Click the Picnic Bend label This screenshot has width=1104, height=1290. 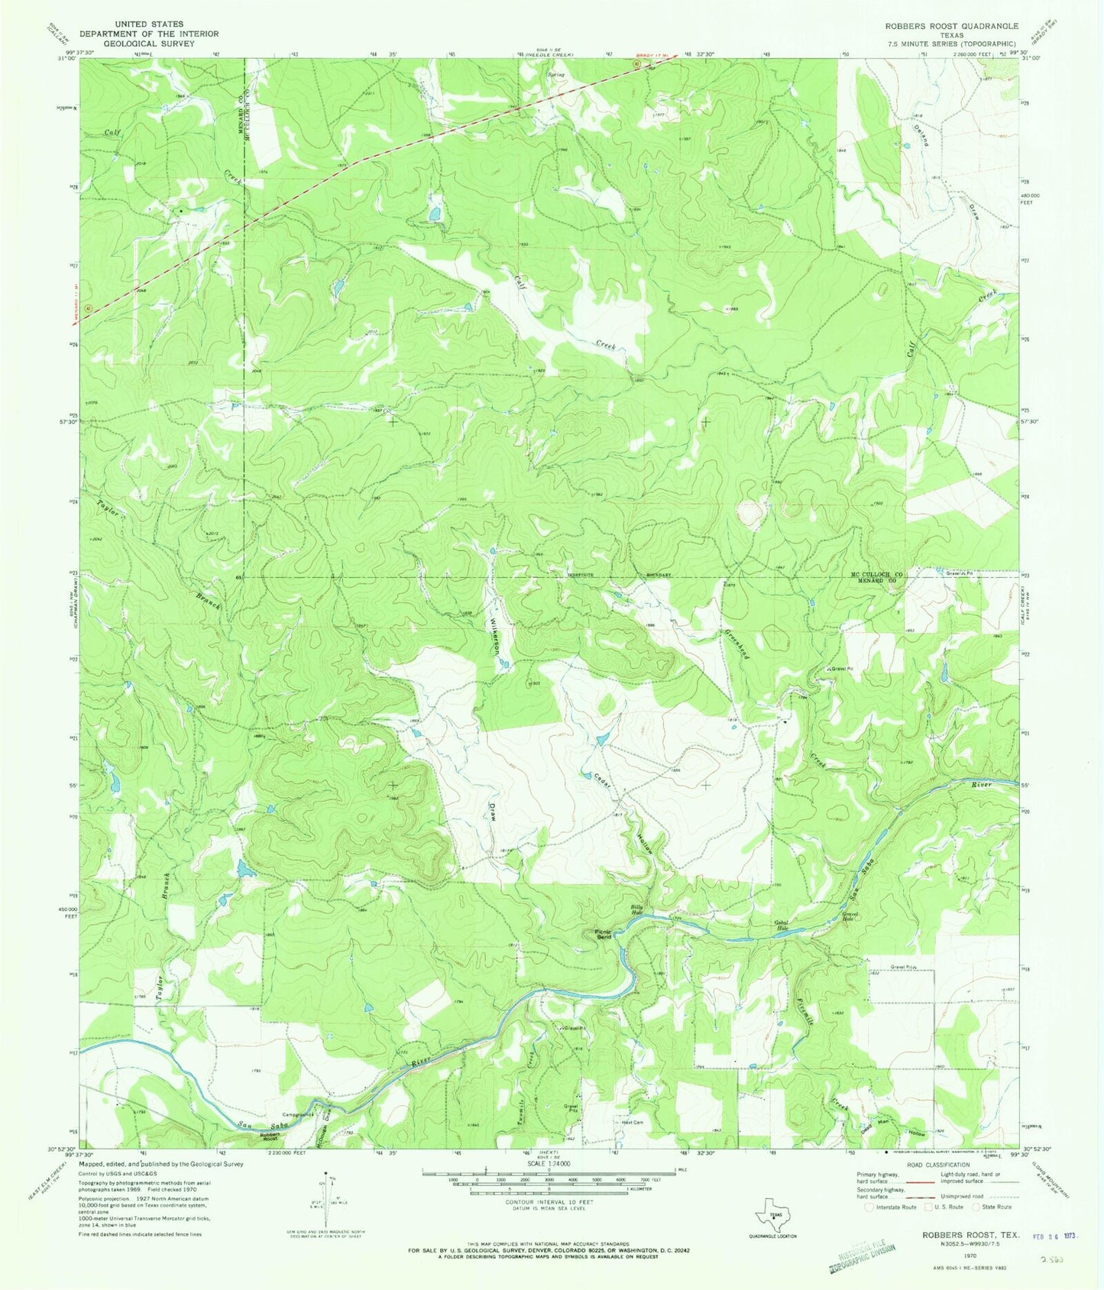coord(604,934)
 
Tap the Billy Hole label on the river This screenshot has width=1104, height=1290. coord(637,909)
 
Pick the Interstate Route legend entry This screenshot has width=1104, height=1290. coord(892,1207)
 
